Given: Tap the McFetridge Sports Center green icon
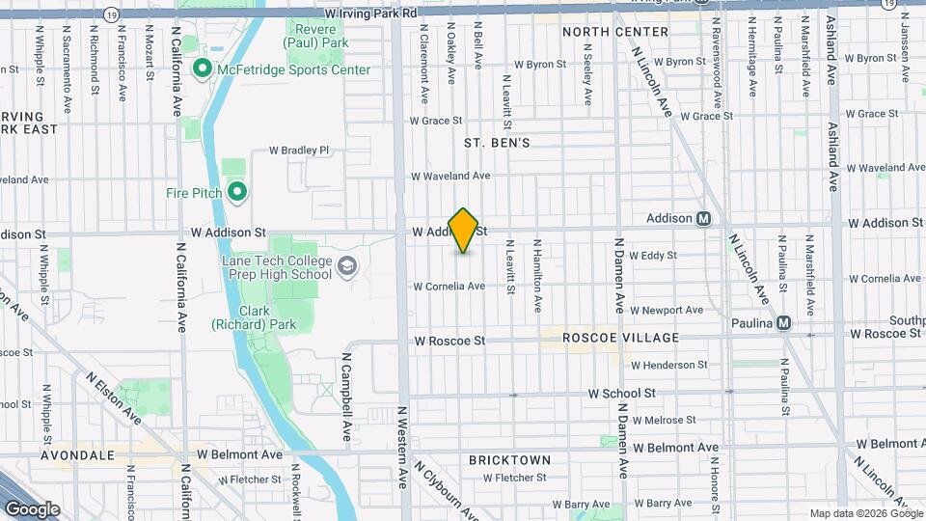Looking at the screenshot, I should tap(202, 69).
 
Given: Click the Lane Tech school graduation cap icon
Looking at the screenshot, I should tap(346, 266).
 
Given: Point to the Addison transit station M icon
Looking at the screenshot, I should tap(704, 218).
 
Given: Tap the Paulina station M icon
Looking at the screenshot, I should tap(783, 322).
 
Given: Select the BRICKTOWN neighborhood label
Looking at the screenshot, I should tap(509, 460).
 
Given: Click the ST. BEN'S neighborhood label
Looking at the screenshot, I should tap(497, 143).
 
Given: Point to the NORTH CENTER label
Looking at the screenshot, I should tap(615, 32).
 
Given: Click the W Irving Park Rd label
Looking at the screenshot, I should tap(370, 14).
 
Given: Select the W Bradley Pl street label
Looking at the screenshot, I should tap(299, 151).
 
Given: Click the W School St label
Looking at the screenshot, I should tap(622, 394).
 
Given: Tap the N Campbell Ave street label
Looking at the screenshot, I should tap(347, 391).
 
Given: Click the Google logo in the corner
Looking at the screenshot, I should tap(32, 508).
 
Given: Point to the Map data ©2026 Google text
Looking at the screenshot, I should tap(864, 513).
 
